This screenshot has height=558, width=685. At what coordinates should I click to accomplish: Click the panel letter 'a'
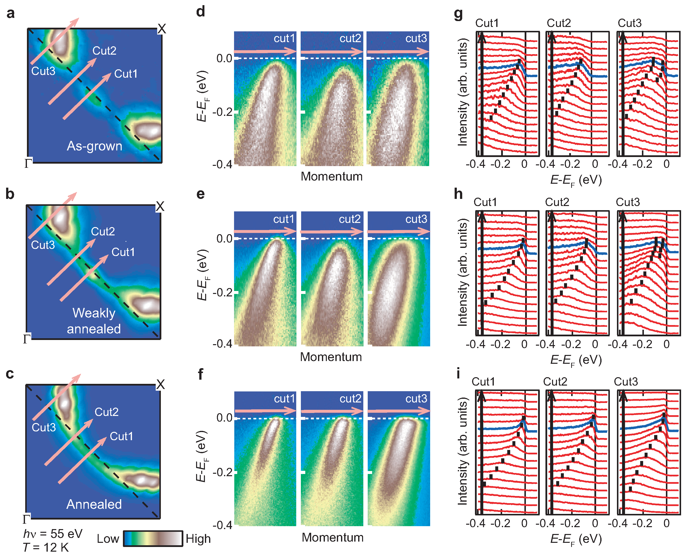(x=10, y=13)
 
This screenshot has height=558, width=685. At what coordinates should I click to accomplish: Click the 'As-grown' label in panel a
(x=94, y=146)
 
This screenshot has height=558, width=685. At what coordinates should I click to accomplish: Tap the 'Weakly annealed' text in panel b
(x=94, y=321)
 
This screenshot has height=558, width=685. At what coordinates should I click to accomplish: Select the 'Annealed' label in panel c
(x=94, y=504)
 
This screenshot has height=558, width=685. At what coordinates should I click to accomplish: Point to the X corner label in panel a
(x=162, y=29)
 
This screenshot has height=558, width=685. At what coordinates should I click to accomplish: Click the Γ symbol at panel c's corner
(x=26, y=519)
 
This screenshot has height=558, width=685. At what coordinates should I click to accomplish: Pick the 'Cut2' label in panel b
(x=103, y=231)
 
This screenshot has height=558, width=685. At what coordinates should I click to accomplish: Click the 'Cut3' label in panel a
(x=43, y=71)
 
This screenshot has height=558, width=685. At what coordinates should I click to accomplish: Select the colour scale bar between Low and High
(x=153, y=538)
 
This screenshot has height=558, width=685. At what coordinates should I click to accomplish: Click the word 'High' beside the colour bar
(x=198, y=539)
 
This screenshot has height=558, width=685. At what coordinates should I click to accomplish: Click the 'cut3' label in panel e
(x=416, y=219)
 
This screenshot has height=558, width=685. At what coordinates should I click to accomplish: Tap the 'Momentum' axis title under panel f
(x=332, y=537)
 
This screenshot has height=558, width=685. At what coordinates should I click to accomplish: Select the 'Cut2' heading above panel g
(x=559, y=23)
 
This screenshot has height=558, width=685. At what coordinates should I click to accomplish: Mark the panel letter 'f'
(x=201, y=374)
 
